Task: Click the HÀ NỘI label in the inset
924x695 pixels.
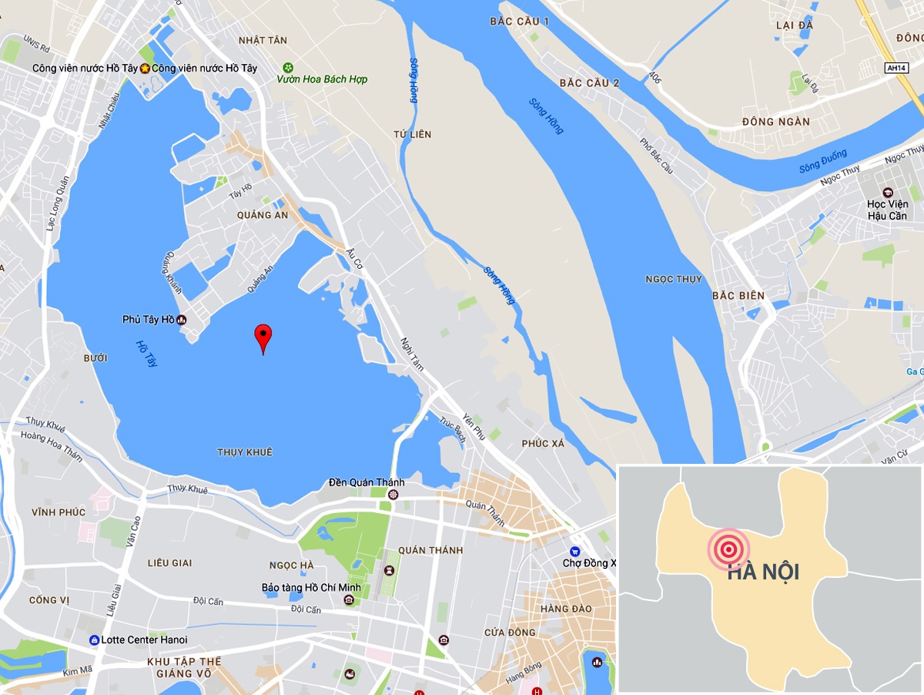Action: tap(763, 572)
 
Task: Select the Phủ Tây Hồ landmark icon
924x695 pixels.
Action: tap(182, 319)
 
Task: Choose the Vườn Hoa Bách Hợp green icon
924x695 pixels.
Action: tap(288, 67)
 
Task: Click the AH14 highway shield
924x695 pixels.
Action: tap(896, 68)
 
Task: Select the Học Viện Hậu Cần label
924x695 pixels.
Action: tap(888, 210)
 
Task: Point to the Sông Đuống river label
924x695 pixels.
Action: tap(822, 161)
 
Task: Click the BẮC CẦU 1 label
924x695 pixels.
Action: tap(519, 21)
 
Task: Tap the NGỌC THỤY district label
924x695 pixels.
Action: tap(674, 279)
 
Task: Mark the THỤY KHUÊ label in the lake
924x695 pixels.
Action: tap(245, 452)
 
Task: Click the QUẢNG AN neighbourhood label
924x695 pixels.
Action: tap(263, 215)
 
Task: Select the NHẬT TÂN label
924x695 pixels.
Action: tap(263, 40)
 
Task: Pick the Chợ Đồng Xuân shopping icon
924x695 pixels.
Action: tap(574, 552)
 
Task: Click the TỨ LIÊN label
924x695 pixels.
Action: tap(413, 135)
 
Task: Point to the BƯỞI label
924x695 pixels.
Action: tap(95, 358)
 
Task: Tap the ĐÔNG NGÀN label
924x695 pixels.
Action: tap(775, 122)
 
